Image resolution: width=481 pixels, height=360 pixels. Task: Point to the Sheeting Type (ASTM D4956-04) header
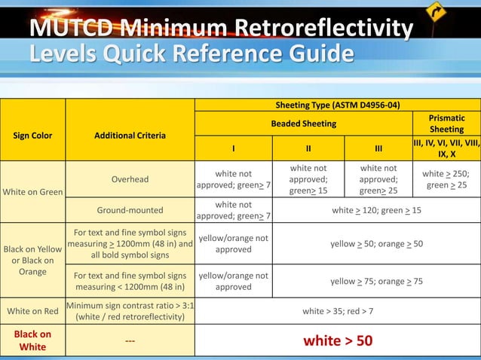click(x=338, y=105)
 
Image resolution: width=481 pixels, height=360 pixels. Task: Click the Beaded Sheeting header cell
click(x=304, y=124)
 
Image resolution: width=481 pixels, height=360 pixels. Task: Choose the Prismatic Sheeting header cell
click(x=446, y=124)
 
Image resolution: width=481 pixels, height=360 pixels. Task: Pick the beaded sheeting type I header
click(x=233, y=148)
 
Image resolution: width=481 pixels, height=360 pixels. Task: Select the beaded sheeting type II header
click(x=308, y=148)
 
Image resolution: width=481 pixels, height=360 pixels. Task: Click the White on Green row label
click(x=32, y=192)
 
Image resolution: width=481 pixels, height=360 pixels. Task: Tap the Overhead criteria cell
click(x=130, y=179)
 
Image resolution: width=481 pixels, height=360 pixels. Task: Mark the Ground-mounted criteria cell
click(x=130, y=210)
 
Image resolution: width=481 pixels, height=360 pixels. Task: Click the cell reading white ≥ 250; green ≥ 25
click(x=446, y=179)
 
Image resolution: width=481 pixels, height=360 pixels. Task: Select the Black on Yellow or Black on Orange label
click(x=32, y=260)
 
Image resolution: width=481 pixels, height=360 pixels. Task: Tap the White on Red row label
click(x=32, y=310)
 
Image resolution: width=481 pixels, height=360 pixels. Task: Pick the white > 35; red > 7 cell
click(x=338, y=310)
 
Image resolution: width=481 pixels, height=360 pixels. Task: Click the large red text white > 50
click(x=338, y=340)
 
